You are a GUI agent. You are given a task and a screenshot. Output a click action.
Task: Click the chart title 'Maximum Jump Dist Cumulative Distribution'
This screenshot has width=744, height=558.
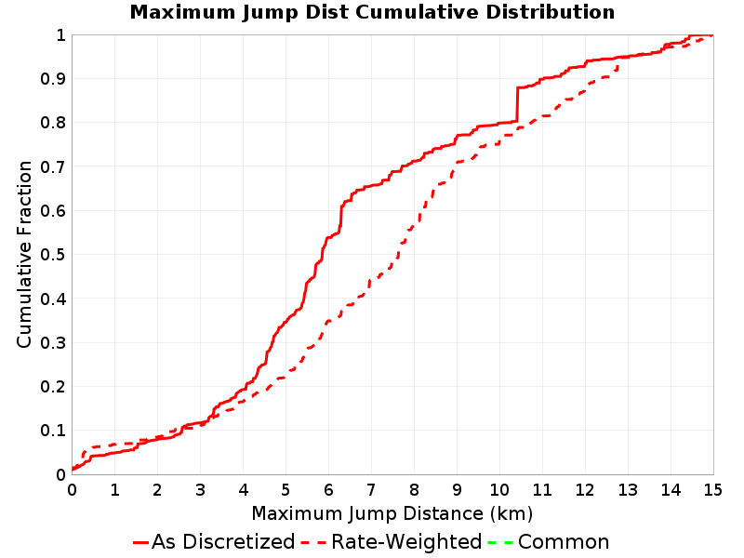[372, 12]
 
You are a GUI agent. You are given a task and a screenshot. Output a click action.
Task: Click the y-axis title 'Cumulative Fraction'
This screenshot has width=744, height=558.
[24, 254]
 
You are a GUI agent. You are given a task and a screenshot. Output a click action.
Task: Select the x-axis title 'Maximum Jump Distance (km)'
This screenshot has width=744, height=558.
[392, 513]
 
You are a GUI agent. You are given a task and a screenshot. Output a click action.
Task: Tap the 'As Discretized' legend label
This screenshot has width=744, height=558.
[223, 541]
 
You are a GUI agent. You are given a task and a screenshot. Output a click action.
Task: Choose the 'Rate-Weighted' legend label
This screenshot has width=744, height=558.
[406, 541]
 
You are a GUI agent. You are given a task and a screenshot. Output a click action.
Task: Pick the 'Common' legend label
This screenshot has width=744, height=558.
[564, 541]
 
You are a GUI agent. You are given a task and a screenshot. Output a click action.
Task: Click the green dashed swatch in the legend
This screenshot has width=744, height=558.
[500, 542]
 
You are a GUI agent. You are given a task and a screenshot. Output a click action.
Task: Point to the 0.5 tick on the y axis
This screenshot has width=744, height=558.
[53, 254]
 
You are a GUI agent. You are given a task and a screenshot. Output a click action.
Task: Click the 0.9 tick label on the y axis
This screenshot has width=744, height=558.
[53, 78]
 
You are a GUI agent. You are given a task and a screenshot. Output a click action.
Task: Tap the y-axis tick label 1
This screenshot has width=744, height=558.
[60, 34]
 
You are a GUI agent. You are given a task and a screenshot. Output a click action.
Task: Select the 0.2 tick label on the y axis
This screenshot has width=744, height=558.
[53, 386]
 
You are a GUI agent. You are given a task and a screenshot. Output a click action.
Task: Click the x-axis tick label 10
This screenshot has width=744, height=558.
[499, 490]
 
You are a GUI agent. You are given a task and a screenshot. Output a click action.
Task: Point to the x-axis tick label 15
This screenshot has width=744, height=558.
[712, 490]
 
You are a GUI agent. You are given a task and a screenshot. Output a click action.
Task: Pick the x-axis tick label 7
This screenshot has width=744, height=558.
[371, 490]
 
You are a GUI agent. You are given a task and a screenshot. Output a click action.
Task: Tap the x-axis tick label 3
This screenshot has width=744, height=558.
[200, 490]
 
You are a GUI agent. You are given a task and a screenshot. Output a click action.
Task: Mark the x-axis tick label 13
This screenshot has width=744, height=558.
[627, 490]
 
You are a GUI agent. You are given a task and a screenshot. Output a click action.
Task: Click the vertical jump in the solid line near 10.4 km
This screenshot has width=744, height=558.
[517, 104]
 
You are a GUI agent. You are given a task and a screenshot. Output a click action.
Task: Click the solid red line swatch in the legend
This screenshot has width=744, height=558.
[141, 542]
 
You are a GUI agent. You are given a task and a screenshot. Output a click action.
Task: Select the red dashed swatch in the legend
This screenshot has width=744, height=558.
[313, 542]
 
